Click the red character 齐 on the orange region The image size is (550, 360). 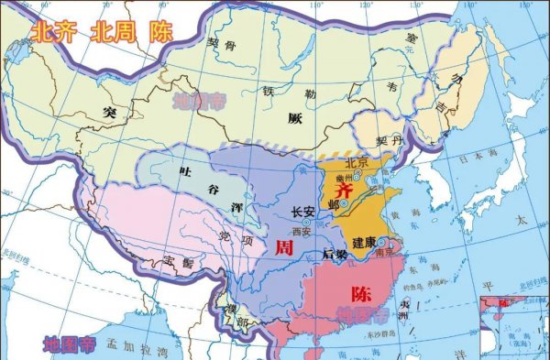[345, 190]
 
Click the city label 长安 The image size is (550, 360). [303, 212]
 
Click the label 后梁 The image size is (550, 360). [335, 256]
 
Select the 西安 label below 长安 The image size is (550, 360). [302, 231]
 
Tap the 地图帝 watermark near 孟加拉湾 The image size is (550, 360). [69, 344]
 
